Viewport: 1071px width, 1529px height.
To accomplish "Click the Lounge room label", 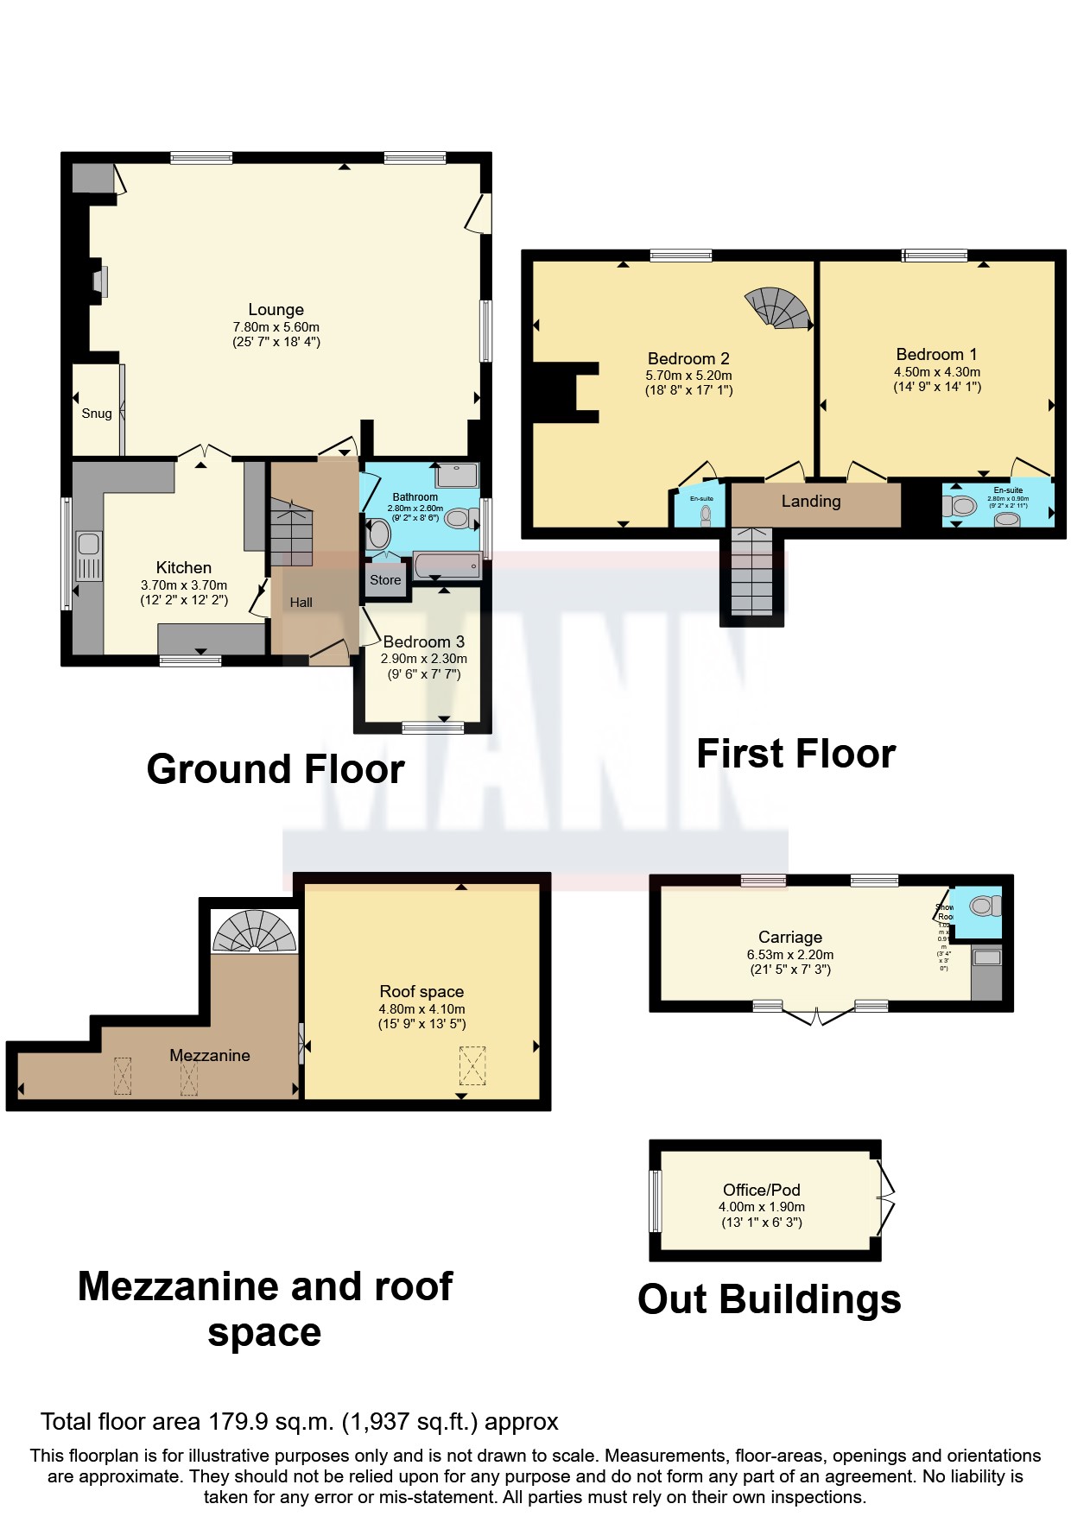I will (x=276, y=309).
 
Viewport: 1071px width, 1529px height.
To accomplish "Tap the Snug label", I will (x=97, y=414).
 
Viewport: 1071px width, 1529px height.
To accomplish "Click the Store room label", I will (x=385, y=580).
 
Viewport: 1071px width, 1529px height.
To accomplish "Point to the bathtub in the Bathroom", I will (x=447, y=565).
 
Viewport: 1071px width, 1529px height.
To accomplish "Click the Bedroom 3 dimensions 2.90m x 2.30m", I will (x=423, y=658).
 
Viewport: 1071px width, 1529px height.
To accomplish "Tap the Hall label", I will (x=301, y=603).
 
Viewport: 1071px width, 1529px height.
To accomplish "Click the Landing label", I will (x=810, y=501).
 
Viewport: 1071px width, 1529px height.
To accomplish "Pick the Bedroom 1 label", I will (x=936, y=354).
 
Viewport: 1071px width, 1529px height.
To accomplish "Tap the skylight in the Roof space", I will (x=472, y=1065).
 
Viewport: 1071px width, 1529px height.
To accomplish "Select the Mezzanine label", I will (x=210, y=1055).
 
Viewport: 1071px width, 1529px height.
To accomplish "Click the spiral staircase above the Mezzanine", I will (x=255, y=932).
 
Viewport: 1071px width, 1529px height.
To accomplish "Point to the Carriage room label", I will (x=789, y=937).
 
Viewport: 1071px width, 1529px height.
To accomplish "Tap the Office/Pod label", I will (x=761, y=1190).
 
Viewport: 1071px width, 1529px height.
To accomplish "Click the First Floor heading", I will (x=795, y=754).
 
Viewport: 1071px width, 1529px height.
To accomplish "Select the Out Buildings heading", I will (x=769, y=1299).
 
